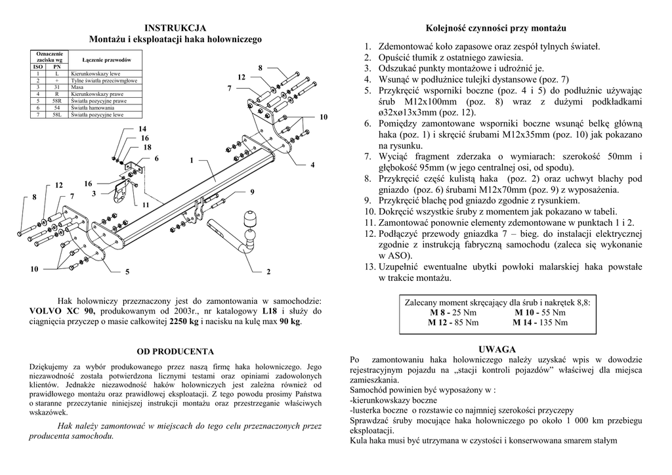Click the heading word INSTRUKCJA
(175, 28)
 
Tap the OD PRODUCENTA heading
(175, 352)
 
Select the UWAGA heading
(497, 349)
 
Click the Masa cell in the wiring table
(77, 87)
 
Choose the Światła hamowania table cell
(89, 108)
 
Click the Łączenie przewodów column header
(109, 60)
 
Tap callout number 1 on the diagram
(192, 160)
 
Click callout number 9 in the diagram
(251, 192)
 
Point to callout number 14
(142, 129)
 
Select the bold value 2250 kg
(184, 321)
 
